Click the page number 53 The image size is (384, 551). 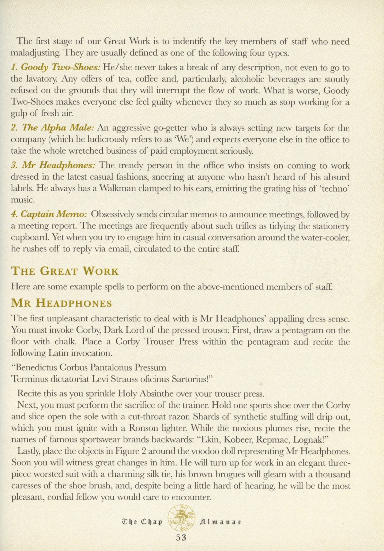coord(181,537)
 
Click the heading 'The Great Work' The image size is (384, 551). coord(65,271)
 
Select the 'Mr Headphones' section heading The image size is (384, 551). coord(62,304)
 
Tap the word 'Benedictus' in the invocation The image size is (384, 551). coord(36,367)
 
